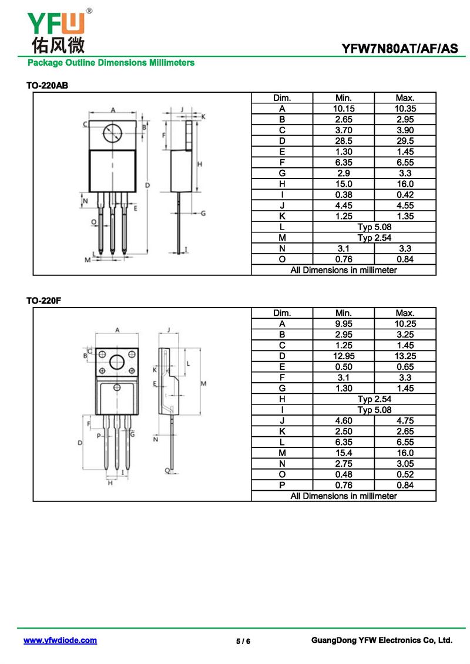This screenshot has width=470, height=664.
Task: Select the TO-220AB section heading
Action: coord(47,86)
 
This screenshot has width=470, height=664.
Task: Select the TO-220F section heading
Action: coord(43,301)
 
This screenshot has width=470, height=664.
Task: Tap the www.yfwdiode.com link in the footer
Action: coord(60,641)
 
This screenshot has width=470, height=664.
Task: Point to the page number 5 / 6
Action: coord(243,641)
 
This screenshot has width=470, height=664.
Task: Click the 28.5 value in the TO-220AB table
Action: coord(344,141)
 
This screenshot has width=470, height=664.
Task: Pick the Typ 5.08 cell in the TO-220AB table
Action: coord(374,227)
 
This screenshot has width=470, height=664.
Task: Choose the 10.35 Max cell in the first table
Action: coord(405,109)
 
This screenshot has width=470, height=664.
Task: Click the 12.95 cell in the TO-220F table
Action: coord(344,356)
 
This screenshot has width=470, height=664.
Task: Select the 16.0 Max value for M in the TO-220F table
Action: coord(405,453)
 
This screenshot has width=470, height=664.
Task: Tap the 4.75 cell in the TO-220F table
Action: coord(405,420)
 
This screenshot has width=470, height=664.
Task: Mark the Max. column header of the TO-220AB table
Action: coord(405,98)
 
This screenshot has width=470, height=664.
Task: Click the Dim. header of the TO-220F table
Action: coord(282,313)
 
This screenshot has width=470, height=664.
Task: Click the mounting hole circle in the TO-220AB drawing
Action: coord(113,134)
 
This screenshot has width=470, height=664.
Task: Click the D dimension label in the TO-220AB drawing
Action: coord(147,186)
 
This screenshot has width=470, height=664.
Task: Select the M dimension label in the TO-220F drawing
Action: coord(203,383)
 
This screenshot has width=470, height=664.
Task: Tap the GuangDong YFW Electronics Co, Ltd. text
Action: coord(381,641)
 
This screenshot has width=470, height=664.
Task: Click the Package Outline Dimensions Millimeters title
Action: coord(110,62)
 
